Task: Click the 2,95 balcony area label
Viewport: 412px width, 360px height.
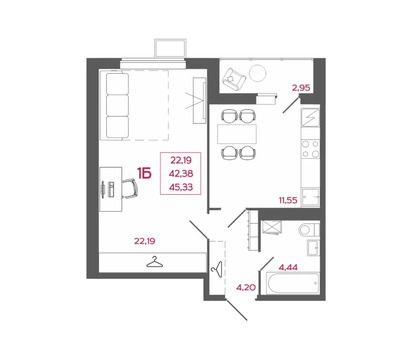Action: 301,88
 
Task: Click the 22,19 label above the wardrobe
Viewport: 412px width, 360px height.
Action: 145,240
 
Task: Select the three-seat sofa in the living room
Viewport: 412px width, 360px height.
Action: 125,98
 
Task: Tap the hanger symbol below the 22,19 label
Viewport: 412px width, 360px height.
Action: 154,262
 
